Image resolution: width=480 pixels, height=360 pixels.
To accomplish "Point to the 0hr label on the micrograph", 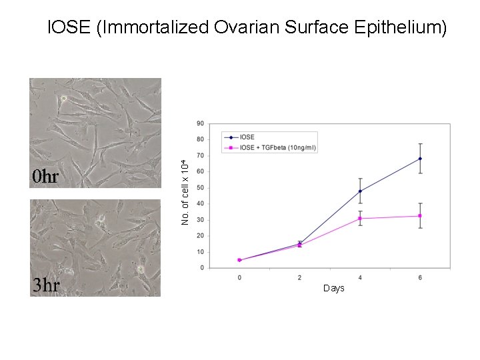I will (x=47, y=177).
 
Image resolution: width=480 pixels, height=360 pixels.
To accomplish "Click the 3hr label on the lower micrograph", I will (x=47, y=285).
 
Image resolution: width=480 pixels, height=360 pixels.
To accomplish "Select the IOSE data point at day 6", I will (x=420, y=159).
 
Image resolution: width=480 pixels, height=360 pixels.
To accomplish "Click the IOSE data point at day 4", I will (x=360, y=191).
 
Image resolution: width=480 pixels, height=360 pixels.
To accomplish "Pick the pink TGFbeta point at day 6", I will (x=420, y=215).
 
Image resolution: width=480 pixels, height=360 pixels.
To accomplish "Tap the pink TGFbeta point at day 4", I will (x=360, y=218).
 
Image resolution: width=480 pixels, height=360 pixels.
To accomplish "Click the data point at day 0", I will (x=239, y=260).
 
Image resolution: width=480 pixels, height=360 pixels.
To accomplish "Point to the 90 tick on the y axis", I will (x=201, y=123).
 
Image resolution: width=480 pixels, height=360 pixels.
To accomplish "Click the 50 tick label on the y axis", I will (x=201, y=188).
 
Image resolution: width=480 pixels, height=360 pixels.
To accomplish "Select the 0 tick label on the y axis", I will (x=202, y=268).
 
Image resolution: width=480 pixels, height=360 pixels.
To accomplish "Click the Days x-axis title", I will (x=333, y=288).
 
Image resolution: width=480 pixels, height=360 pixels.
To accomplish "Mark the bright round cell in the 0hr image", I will (x=63, y=99).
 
